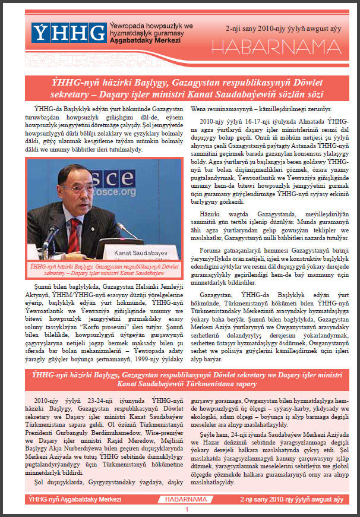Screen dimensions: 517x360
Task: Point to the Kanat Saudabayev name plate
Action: point(143,245)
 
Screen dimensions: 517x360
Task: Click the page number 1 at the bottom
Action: point(187,510)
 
